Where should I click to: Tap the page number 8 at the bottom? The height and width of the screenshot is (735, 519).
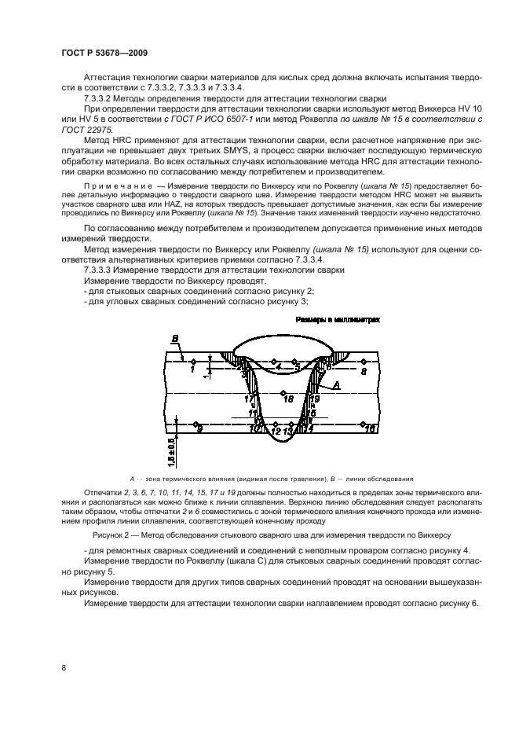tap(63, 667)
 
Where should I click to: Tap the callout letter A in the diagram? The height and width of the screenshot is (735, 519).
tap(336, 385)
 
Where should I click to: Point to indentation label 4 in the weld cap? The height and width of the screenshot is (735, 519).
tap(278, 366)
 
